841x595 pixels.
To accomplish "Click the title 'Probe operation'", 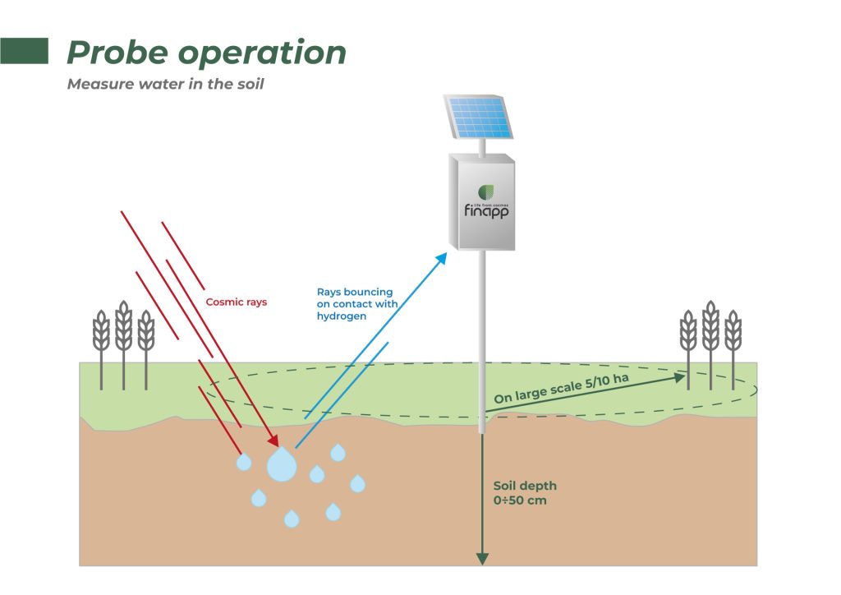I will click(x=206, y=53).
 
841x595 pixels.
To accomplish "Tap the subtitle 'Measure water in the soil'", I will click(x=165, y=85).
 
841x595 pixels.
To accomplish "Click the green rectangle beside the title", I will click(x=24, y=51).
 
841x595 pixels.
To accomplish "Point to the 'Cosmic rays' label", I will click(x=237, y=302).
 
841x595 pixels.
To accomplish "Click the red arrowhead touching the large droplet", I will click(x=272, y=442).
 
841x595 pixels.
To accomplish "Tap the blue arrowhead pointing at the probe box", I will click(x=441, y=259).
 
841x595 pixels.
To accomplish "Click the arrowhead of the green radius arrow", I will click(x=679, y=377).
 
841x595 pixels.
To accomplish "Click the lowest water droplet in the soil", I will click(x=292, y=519).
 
